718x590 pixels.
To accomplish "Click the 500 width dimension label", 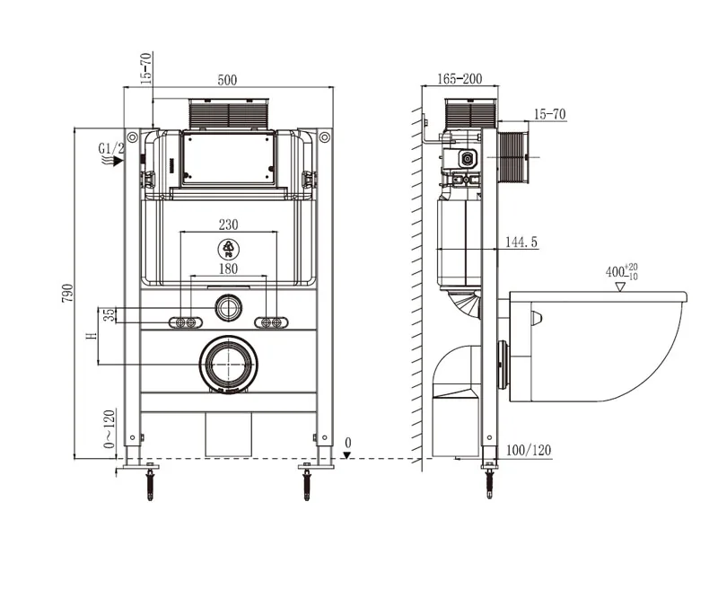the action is tap(227, 80).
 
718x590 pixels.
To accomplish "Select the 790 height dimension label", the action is tap(67, 293).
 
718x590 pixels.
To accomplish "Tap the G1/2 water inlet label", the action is tap(111, 148).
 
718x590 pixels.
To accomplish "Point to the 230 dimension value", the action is tap(228, 225).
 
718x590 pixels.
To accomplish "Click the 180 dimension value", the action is tap(228, 269).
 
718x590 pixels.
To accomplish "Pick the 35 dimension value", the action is tap(109, 315).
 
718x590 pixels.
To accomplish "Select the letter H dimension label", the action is tap(92, 336).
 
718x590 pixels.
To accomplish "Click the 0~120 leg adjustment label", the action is tap(109, 429).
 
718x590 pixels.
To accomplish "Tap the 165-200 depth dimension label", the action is tap(460, 79).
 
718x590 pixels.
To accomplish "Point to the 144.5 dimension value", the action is tap(521, 242).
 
